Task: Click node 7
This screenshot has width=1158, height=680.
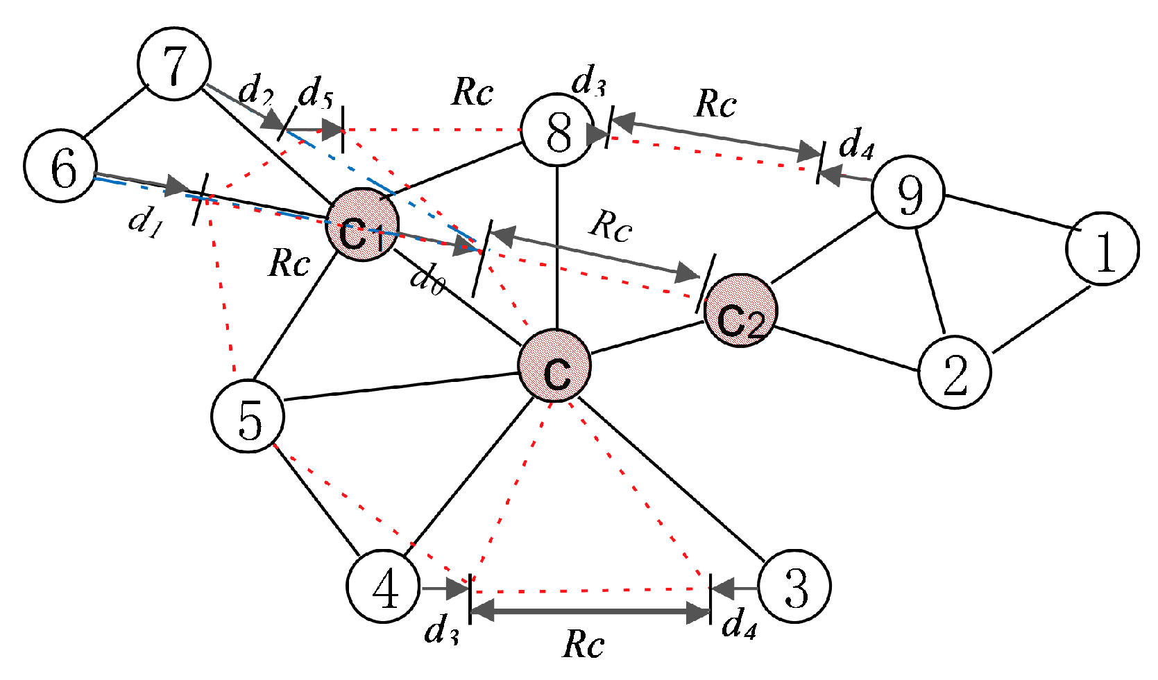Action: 173,64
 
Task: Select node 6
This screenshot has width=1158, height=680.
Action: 60,166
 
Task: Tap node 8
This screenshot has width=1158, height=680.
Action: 557,130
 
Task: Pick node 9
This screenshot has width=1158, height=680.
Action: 908,193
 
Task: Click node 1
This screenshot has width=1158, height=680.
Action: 1102,248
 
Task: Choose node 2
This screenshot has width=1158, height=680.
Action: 955,372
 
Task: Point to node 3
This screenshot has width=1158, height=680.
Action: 794,586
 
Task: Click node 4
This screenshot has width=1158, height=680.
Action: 383,586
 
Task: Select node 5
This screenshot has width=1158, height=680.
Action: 248,416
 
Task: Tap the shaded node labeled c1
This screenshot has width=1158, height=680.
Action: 362,225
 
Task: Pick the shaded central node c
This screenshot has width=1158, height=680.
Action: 555,365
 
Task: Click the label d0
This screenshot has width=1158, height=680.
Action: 426,279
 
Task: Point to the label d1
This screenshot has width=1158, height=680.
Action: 146,222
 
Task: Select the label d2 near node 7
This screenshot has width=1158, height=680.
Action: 255,89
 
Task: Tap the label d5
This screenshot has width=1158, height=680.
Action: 316,92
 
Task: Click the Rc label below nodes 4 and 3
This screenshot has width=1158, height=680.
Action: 583,644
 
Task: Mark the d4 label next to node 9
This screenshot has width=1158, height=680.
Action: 856,144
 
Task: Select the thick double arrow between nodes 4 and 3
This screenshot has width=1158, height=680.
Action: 590,611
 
